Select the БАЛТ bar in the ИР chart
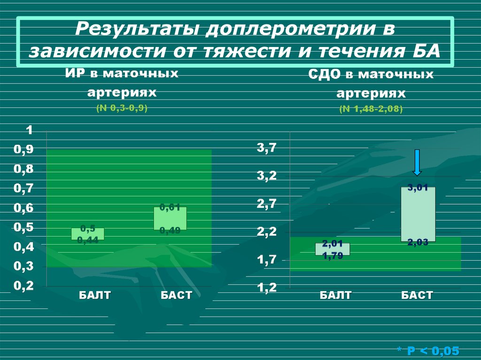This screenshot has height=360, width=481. (x=87, y=234)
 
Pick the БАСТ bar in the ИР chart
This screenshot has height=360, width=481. (x=170, y=218)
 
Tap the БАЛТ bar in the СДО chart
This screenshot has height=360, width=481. (x=333, y=249)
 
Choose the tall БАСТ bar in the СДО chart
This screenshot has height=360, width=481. (x=418, y=214)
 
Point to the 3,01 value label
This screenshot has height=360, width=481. (x=418, y=188)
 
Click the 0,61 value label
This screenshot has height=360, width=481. (x=170, y=207)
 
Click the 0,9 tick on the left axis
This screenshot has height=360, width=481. (x=23, y=149)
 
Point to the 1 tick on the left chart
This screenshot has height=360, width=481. (x=29, y=130)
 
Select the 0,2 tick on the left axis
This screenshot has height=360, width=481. (x=23, y=286)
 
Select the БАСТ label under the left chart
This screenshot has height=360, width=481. (x=176, y=295)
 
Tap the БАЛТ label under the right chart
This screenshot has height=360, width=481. (x=335, y=295)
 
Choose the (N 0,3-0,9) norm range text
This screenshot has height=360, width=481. (x=122, y=108)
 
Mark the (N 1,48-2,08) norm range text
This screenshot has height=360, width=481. (x=371, y=109)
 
